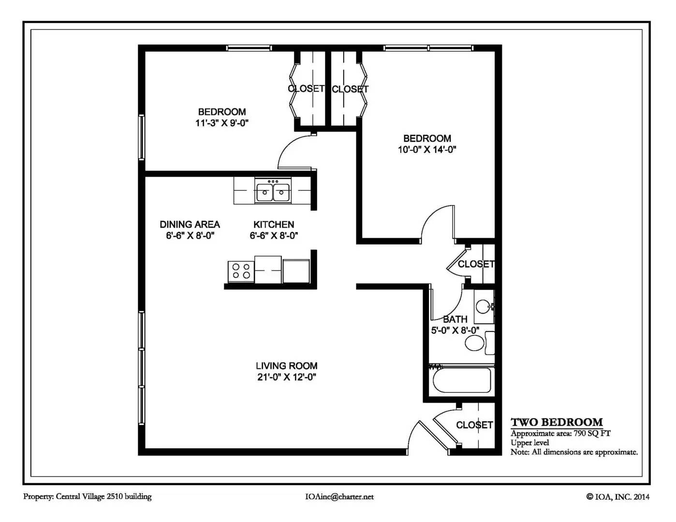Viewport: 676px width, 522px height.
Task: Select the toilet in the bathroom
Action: (480, 343)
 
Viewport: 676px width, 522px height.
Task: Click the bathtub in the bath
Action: (462, 380)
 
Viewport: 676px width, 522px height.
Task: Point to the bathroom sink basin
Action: (484, 306)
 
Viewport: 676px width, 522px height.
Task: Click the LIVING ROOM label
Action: (287, 365)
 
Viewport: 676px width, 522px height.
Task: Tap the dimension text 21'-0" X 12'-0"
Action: (287, 377)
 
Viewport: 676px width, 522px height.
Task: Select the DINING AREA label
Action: (190, 224)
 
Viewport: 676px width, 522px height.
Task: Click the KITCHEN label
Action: (274, 224)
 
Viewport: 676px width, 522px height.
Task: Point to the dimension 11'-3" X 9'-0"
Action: (222, 123)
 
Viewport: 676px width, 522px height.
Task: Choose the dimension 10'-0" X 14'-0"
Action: (427, 149)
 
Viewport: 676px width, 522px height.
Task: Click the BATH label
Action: (455, 319)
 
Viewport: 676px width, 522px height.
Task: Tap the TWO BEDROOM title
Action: (557, 422)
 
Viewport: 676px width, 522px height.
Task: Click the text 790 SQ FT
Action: (592, 434)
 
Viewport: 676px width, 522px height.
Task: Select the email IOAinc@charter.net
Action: (340, 497)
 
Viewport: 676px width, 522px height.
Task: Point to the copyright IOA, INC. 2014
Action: (618, 497)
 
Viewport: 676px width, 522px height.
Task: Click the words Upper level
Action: (529, 442)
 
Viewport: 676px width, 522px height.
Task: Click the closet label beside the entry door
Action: (474, 425)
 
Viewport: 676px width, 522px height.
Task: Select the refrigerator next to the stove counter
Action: (296, 271)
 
